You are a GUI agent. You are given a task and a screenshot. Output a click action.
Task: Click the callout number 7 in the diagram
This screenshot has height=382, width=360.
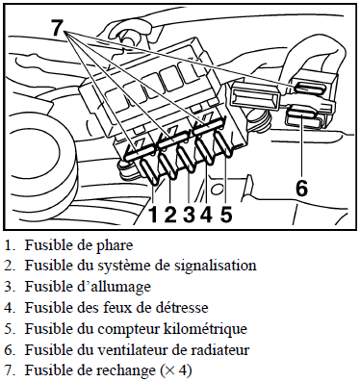pos(57,27)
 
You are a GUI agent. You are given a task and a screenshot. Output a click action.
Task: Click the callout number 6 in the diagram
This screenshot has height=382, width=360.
pos(301,188)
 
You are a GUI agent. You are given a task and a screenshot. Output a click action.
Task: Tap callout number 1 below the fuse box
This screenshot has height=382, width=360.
pos(153,214)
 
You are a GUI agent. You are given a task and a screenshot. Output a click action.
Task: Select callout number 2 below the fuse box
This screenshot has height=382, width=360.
pos(170,214)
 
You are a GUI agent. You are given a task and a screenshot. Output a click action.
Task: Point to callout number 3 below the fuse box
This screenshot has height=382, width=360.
pos(190,214)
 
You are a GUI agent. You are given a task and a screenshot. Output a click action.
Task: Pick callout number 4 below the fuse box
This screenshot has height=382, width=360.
pos(206,214)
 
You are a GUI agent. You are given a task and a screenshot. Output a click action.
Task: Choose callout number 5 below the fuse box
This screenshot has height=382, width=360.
pos(226,214)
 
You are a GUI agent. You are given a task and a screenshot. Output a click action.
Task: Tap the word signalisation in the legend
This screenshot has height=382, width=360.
pos(216,266)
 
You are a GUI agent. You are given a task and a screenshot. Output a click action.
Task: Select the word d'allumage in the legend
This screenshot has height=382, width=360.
pos(117,287)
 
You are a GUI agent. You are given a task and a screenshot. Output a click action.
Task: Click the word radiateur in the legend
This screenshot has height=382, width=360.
pos(221,349)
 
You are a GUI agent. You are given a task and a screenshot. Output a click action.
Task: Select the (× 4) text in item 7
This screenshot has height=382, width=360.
pos(175,370)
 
